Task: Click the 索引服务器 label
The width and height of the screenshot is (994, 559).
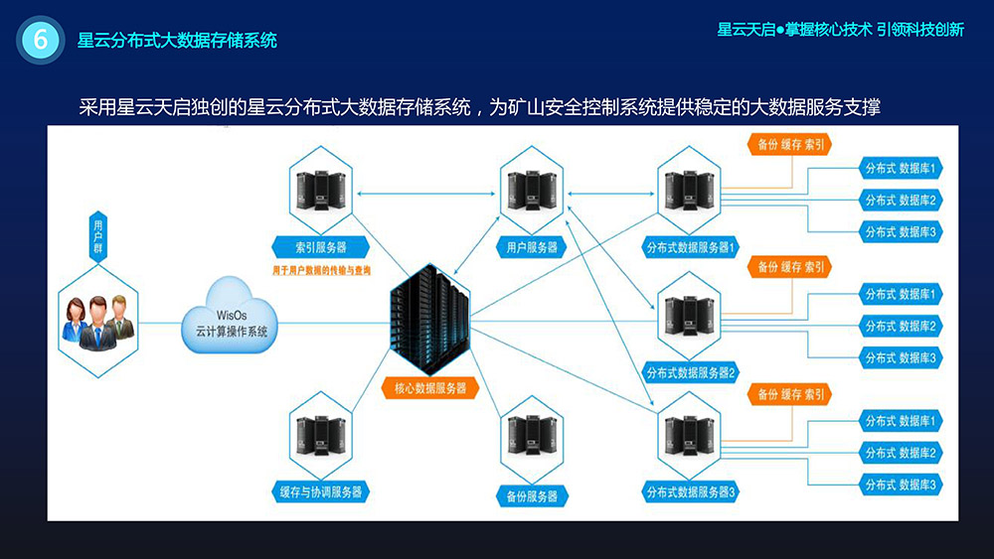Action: pos(320,246)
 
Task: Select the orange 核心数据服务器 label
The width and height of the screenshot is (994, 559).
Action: pos(430,388)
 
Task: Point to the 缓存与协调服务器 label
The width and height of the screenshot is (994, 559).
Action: pos(320,490)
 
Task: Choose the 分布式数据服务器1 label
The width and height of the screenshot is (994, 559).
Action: pos(691,247)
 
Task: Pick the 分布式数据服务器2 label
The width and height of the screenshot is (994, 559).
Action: pos(691,373)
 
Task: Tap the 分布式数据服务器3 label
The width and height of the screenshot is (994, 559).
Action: pos(691,491)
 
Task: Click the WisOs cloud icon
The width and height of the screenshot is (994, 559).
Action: pos(231,319)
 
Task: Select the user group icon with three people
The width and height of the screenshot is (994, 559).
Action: pos(96,318)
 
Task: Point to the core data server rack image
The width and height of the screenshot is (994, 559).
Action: pos(429,317)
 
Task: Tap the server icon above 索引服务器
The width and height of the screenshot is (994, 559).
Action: pos(320,190)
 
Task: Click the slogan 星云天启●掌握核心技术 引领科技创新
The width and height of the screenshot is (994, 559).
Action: pos(840,30)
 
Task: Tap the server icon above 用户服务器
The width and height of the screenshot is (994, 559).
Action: pos(532,190)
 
